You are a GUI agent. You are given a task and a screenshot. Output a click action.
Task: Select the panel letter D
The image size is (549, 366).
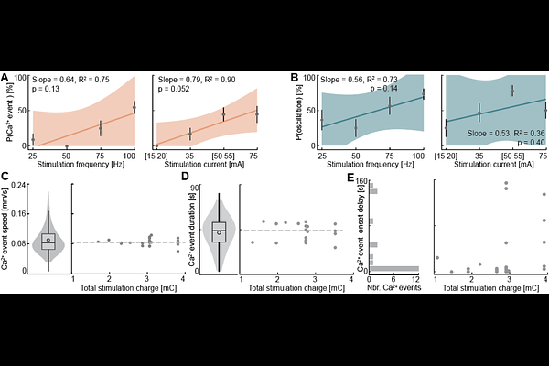(187, 178)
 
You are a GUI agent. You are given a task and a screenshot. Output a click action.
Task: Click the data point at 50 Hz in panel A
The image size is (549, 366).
(67, 145)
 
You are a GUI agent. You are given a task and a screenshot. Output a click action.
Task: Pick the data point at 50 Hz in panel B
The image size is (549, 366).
(356, 126)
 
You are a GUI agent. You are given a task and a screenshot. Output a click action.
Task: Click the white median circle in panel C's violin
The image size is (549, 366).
(48, 240)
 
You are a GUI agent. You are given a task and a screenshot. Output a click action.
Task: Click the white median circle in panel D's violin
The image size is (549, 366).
(220, 232)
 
